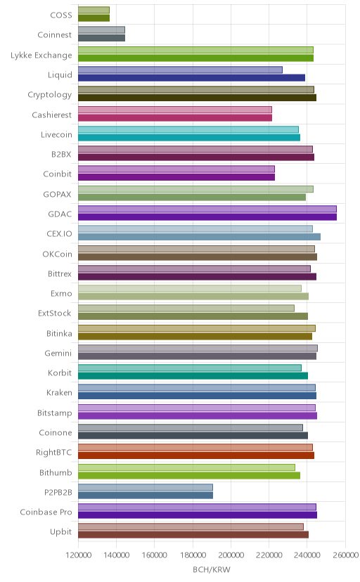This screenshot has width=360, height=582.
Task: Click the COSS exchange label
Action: [x=61, y=15]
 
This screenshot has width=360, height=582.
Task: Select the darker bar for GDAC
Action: [x=207, y=216]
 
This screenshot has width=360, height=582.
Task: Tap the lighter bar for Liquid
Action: [x=181, y=70]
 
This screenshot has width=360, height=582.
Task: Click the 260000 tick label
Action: [x=345, y=555]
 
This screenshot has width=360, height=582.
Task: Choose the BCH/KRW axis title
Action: [x=212, y=569]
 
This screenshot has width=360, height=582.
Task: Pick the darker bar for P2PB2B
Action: [x=146, y=495]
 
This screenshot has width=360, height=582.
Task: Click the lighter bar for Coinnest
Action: [x=102, y=30]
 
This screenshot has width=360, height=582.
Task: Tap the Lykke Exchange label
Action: [x=41, y=56]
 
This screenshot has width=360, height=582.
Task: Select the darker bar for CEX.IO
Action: [x=199, y=237]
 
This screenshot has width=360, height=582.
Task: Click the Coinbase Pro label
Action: [x=46, y=512]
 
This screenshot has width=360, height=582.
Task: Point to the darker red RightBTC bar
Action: [x=196, y=455]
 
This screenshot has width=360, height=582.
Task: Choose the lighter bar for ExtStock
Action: [x=186, y=308]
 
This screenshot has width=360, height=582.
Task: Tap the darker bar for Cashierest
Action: [x=175, y=117]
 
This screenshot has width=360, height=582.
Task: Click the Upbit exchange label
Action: [x=61, y=532]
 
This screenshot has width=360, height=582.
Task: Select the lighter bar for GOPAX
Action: [x=196, y=189]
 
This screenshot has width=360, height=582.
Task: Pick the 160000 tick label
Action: [x=155, y=555]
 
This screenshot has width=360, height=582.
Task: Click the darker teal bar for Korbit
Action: [x=193, y=376]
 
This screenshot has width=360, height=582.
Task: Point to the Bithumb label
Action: [x=56, y=472]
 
